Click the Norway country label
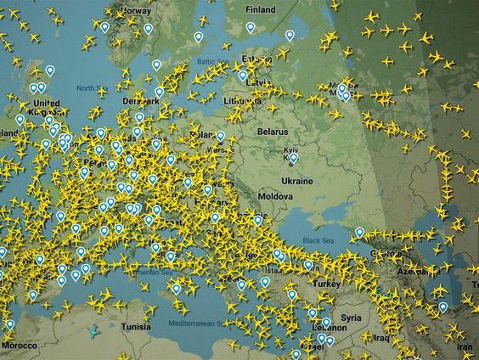137,11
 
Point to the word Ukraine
297,181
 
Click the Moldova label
275,196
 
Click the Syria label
351,317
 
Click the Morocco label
19,346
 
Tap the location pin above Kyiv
294,157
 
